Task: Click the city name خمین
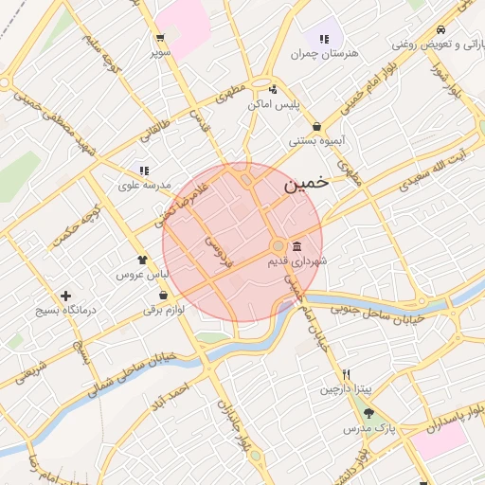pos(306,185)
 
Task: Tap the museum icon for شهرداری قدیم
pos(296,244)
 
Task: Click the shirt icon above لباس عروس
pos(142,258)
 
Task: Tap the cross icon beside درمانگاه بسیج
pos(65,296)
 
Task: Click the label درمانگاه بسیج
pos(61,310)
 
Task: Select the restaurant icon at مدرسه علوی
pos(144,171)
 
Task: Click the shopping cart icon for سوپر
pos(161,39)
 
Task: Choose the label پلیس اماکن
pos(274,104)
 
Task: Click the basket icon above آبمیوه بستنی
pos(314,127)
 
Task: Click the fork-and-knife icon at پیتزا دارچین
pos(347,374)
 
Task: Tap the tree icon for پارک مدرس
pos(368,414)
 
